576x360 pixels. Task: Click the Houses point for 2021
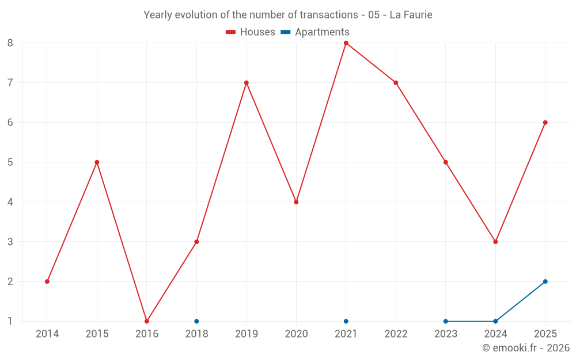click(x=346, y=43)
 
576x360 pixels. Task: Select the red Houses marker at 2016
click(x=147, y=321)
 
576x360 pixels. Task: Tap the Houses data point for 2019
click(x=247, y=82)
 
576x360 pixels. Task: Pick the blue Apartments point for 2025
click(x=545, y=282)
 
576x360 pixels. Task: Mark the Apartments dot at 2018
click(x=196, y=321)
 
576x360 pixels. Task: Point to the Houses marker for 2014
click(x=47, y=282)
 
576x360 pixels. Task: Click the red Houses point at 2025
click(x=545, y=123)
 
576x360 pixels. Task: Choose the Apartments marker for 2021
click(x=346, y=321)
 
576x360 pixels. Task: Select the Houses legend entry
click(x=251, y=32)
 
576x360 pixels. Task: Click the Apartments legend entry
click(x=315, y=32)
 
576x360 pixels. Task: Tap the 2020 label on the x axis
click(x=297, y=334)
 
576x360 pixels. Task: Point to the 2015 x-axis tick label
click(x=97, y=334)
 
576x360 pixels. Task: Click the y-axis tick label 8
click(x=10, y=43)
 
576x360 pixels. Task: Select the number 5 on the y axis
click(x=10, y=162)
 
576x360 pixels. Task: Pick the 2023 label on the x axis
click(x=446, y=334)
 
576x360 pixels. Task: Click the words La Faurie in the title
click(x=411, y=15)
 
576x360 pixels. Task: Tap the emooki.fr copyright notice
click(x=526, y=347)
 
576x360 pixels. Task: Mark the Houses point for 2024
click(x=495, y=242)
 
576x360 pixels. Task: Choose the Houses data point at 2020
click(x=297, y=202)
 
